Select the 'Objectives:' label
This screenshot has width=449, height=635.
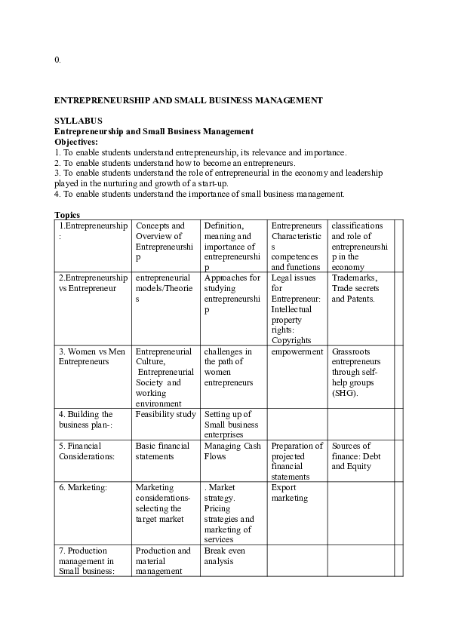76,142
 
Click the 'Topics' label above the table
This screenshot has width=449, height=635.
67,215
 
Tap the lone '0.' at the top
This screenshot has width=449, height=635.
57,60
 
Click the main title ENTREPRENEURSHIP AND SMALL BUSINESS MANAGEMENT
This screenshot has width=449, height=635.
189,100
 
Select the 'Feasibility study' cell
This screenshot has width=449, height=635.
165,414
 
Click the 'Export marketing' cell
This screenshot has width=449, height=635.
290,492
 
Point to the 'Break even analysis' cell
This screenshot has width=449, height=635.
225,556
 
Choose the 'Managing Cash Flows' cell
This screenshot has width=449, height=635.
232,451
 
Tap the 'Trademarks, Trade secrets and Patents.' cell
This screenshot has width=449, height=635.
355,288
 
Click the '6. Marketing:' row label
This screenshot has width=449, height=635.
83,487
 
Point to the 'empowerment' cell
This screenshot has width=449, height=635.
297,351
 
